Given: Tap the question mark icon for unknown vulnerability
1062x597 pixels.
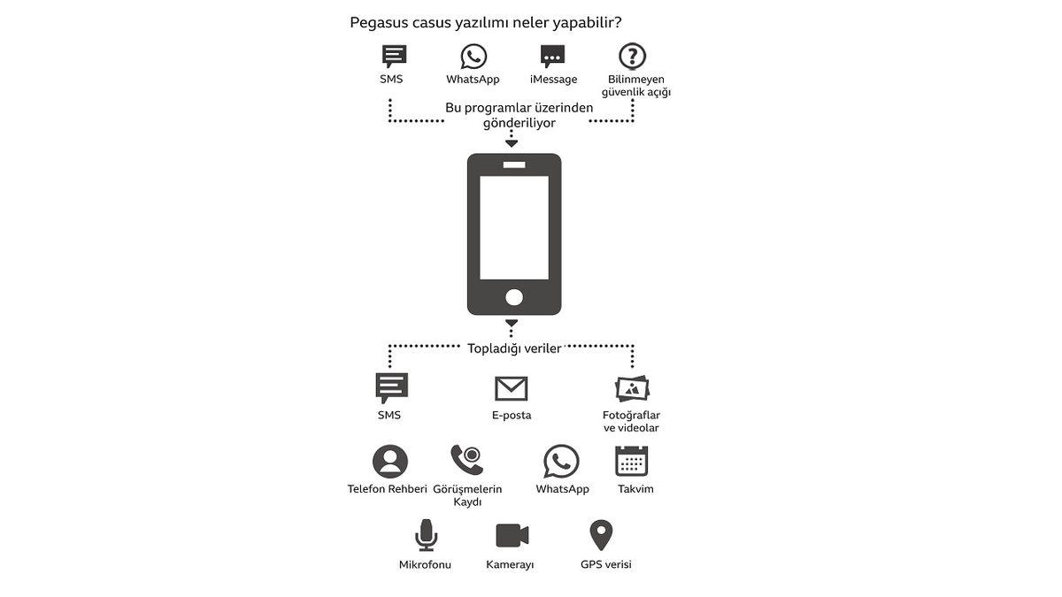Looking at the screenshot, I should (632, 57).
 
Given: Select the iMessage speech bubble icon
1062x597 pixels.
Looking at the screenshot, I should (553, 57).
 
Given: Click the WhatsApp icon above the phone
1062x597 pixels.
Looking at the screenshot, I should (473, 57).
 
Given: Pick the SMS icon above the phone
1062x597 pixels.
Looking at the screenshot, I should (394, 57).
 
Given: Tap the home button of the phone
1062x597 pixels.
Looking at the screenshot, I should (514, 296).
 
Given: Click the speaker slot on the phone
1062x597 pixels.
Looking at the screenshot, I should (514, 165).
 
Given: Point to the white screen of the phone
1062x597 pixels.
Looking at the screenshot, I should (514, 227).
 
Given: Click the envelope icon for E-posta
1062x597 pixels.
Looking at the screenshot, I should (511, 388).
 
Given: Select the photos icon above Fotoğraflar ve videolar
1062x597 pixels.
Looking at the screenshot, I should (632, 388).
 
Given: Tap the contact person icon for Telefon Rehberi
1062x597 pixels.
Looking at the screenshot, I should (390, 462).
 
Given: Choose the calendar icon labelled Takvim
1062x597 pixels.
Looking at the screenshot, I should (632, 462).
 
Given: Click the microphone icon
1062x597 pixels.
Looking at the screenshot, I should (427, 535).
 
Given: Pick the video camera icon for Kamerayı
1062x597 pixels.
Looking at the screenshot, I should (512, 535).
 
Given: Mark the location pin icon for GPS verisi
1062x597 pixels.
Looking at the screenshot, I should (602, 534).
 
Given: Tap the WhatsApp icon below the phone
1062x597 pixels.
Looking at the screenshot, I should (561, 462).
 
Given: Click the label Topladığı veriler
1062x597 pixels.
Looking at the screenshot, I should (514, 348).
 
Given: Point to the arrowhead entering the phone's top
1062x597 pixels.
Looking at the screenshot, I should (512, 143).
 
